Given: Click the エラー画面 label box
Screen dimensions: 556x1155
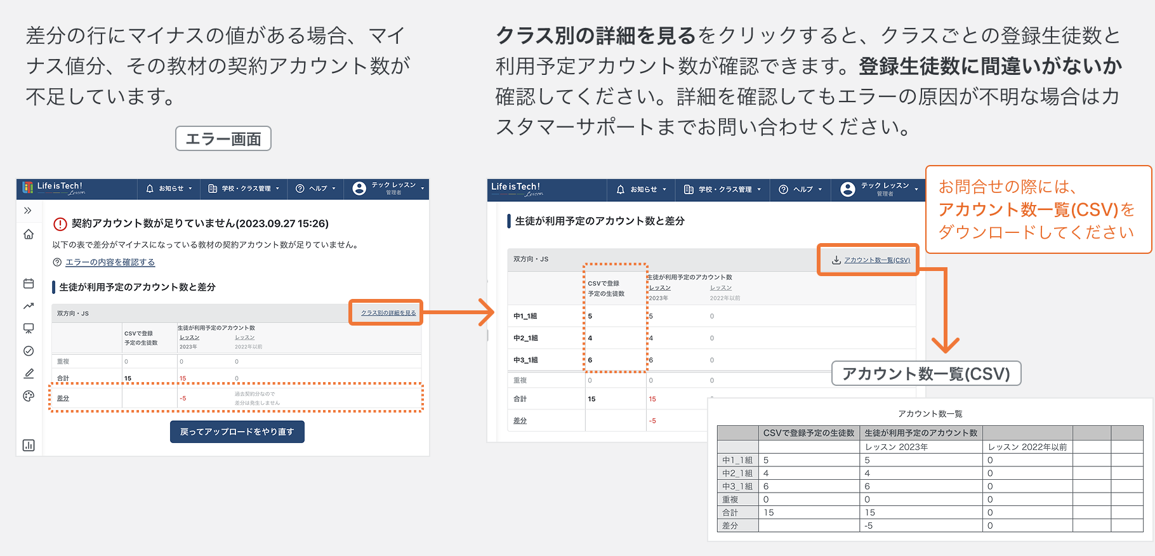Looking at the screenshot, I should [223, 138].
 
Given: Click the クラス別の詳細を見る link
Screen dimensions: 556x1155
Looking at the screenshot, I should [388, 313].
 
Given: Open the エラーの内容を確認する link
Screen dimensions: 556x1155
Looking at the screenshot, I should [110, 262].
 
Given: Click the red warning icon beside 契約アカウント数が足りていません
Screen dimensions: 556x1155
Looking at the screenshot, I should [60, 224].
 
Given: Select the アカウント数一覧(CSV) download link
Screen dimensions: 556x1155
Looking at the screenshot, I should [876, 260].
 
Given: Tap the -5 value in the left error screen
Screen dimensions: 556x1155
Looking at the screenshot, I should [183, 399].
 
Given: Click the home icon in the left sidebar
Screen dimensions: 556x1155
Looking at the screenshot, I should [29, 234].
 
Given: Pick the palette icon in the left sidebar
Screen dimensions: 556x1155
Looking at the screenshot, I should [29, 396].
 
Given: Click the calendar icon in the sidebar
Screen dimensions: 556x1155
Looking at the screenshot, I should [29, 284].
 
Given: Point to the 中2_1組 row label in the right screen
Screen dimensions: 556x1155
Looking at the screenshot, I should [525, 338].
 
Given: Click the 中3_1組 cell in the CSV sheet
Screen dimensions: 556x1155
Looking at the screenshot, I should [737, 486].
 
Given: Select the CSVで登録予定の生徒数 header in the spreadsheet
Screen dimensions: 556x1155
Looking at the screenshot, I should [808, 433].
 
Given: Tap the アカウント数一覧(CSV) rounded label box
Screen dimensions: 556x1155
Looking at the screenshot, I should [926, 374].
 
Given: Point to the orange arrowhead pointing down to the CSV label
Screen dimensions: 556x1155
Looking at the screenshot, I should [946, 345].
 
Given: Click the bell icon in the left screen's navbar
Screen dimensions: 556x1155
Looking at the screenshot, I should [150, 189].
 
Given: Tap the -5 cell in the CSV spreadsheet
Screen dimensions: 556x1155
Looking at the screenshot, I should [868, 526].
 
